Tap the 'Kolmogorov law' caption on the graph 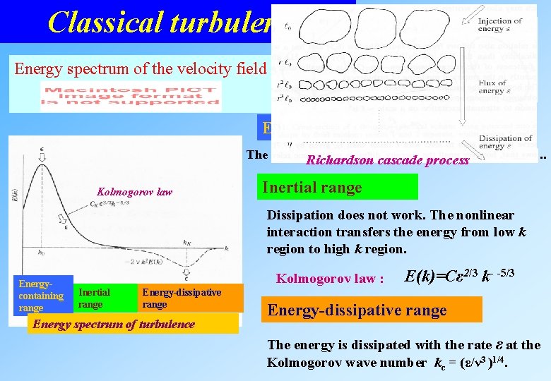pyautogui.click(x=134, y=193)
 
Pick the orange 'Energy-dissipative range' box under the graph pyautogui.click(x=189, y=298)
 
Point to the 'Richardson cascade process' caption pyautogui.click(x=387, y=160)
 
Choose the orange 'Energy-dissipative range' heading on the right pyautogui.click(x=371, y=310)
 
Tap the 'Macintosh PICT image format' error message pyautogui.click(x=131, y=96)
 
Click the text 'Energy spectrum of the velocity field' pyautogui.click(x=140, y=68)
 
